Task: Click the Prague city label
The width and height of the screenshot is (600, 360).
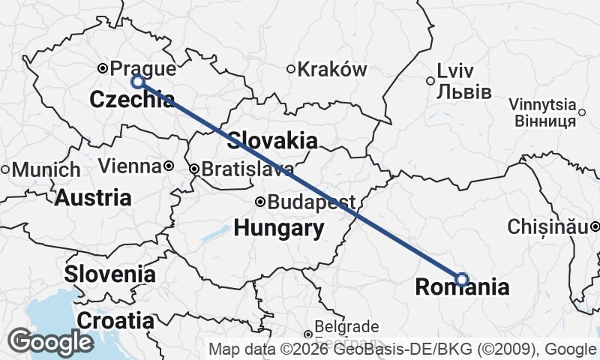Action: tap(143, 70)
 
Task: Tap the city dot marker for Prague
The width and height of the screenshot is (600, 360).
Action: tap(103, 69)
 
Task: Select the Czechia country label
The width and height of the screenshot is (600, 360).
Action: tap(133, 99)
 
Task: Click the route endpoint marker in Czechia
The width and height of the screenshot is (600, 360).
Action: tap(138, 82)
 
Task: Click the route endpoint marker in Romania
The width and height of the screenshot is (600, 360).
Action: tap(462, 279)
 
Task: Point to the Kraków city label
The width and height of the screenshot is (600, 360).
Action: tap(332, 70)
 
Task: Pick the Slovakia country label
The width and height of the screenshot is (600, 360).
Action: tap(271, 140)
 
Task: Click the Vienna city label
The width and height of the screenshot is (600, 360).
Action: tap(130, 166)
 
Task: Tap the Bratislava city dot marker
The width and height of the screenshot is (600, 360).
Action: tap(194, 169)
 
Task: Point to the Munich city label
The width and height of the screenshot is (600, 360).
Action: tap(45, 169)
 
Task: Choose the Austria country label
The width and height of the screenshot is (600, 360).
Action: tap(93, 198)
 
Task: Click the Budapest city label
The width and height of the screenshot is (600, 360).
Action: tap(310, 202)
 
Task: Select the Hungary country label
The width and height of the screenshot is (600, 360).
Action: tap(279, 228)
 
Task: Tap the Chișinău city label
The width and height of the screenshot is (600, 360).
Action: tap(548, 226)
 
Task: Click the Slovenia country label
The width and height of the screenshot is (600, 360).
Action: tap(109, 274)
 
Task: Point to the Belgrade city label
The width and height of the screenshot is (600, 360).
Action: tap(346, 327)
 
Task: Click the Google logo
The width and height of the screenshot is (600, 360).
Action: tap(50, 342)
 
